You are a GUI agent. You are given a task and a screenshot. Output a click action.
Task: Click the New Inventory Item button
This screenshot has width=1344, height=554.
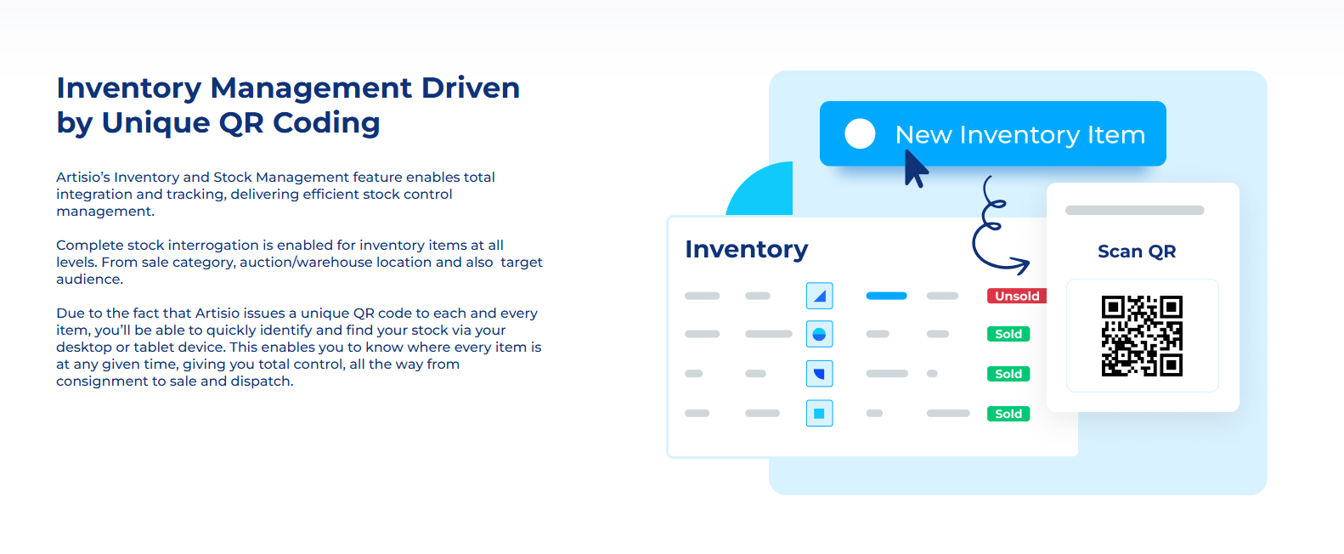[x=992, y=133]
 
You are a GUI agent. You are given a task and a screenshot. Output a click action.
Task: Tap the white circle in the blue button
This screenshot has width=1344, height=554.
[x=860, y=133]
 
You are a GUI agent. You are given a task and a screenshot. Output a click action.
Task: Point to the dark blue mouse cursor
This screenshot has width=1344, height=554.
[x=916, y=169]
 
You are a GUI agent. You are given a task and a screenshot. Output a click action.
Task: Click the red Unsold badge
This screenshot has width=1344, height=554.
[x=1016, y=296]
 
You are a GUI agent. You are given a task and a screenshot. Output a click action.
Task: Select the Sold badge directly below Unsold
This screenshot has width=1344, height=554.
[x=1008, y=334]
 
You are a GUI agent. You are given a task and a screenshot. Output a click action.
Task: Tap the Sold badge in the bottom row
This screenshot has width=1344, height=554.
[x=1008, y=414]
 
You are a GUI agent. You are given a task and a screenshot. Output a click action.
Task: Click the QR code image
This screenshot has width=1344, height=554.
[x=1142, y=336]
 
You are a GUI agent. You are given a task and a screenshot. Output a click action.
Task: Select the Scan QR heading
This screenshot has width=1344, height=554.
[x=1137, y=251]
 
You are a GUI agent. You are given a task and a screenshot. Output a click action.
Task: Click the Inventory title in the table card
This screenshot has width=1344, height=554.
[x=747, y=249]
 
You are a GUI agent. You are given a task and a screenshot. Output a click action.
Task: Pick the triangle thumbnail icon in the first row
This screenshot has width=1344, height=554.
[x=819, y=296]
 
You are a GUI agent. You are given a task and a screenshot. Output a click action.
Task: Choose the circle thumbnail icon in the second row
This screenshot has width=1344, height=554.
[x=819, y=334]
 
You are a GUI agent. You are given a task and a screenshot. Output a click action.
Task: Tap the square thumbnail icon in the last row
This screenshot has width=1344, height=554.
[x=819, y=414]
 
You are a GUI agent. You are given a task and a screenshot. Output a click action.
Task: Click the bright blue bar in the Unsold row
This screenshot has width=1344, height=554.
[x=886, y=296]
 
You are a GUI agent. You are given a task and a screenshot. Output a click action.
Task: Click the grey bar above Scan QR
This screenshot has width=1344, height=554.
[x=1135, y=210]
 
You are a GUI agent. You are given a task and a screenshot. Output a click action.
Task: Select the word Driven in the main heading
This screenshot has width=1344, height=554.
[x=470, y=88]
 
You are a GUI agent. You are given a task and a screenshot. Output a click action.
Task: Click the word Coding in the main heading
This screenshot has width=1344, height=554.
[x=326, y=124]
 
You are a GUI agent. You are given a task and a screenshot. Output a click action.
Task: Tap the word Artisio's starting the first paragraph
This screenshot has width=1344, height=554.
[x=82, y=177]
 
